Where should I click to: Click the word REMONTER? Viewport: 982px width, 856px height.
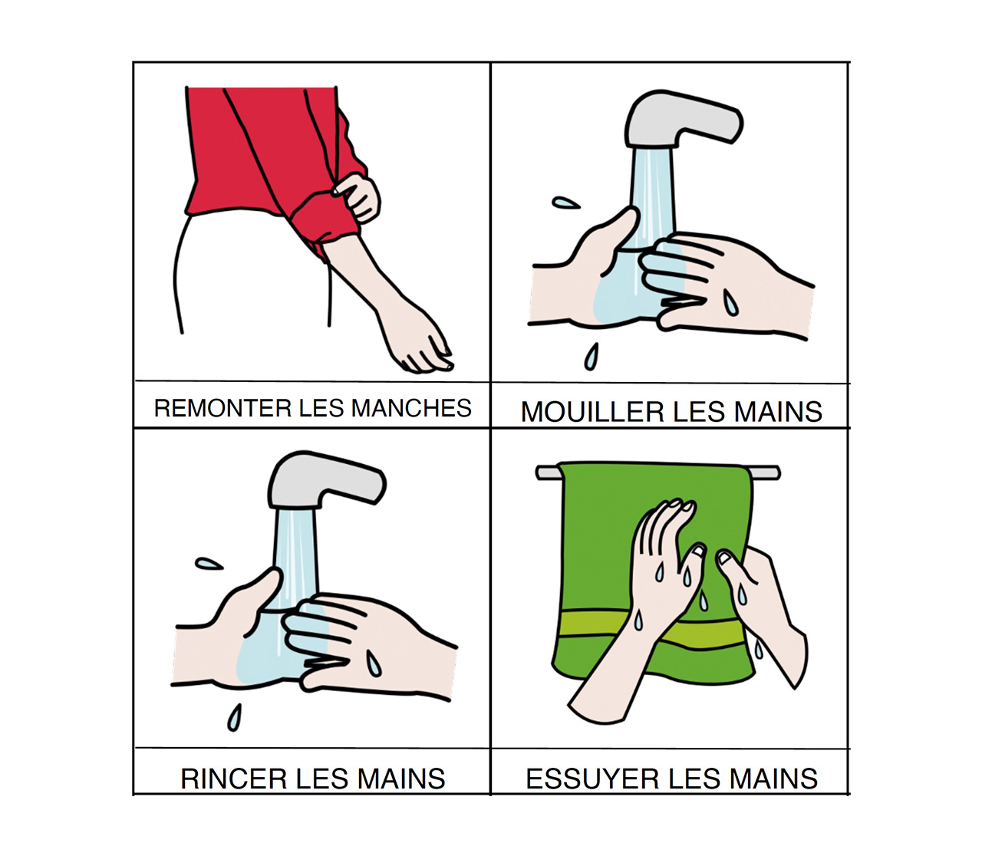click(222, 408)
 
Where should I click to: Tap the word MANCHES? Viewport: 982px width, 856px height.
click(411, 408)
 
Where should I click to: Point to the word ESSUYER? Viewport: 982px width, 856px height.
click(592, 779)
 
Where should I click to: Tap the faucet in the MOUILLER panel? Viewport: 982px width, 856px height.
click(684, 118)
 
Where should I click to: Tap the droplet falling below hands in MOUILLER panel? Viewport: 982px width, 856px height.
click(592, 357)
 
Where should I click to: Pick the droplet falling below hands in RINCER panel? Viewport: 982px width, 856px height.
click(234, 717)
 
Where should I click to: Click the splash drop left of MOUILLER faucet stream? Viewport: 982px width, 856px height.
click(565, 203)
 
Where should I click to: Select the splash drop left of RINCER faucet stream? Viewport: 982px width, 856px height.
click(209, 564)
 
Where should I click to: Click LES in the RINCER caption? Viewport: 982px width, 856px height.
click(322, 779)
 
